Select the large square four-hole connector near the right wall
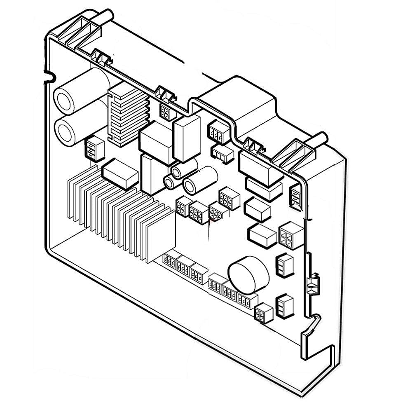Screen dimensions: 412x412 291,235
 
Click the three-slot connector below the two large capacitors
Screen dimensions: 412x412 95,150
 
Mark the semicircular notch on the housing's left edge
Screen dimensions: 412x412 49,76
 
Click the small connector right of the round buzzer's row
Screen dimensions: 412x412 263,313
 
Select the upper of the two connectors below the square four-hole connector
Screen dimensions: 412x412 284,264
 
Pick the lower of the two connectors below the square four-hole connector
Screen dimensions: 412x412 284,306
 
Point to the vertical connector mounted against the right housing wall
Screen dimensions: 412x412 296,196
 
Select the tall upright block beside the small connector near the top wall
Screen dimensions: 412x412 187,138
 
